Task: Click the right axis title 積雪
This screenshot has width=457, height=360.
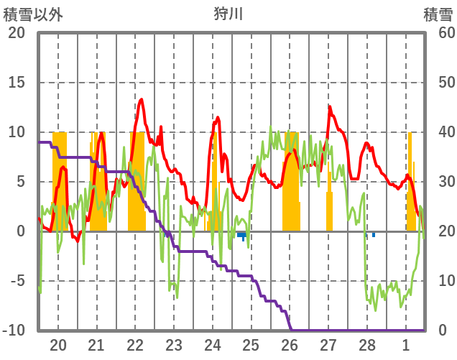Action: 438,13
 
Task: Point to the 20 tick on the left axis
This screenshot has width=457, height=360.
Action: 17,33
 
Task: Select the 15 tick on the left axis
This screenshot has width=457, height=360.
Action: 17,83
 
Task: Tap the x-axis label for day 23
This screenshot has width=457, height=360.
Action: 174,344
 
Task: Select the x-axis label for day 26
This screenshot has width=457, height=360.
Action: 290,344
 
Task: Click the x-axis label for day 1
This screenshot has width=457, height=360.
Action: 406,344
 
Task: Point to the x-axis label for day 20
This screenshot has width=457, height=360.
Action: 58,344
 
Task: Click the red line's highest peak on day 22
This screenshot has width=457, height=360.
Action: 141,99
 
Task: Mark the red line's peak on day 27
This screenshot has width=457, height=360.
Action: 330,108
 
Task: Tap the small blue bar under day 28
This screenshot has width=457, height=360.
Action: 373,234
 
